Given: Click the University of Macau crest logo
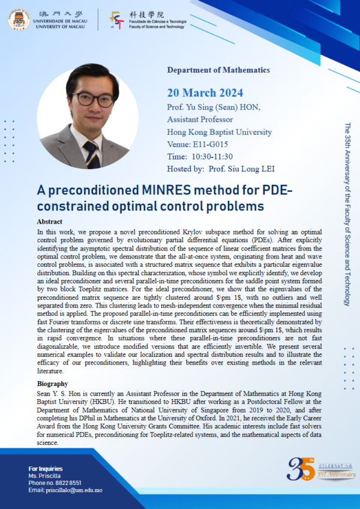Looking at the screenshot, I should [x=19, y=19].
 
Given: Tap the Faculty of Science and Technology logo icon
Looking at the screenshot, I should [x=118, y=20].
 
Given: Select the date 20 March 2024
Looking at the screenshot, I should [x=205, y=92].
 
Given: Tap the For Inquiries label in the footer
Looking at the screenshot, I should [x=47, y=468].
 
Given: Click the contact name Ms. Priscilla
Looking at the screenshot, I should [x=43, y=475].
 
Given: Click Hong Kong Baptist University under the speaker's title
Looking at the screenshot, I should [x=219, y=132].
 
